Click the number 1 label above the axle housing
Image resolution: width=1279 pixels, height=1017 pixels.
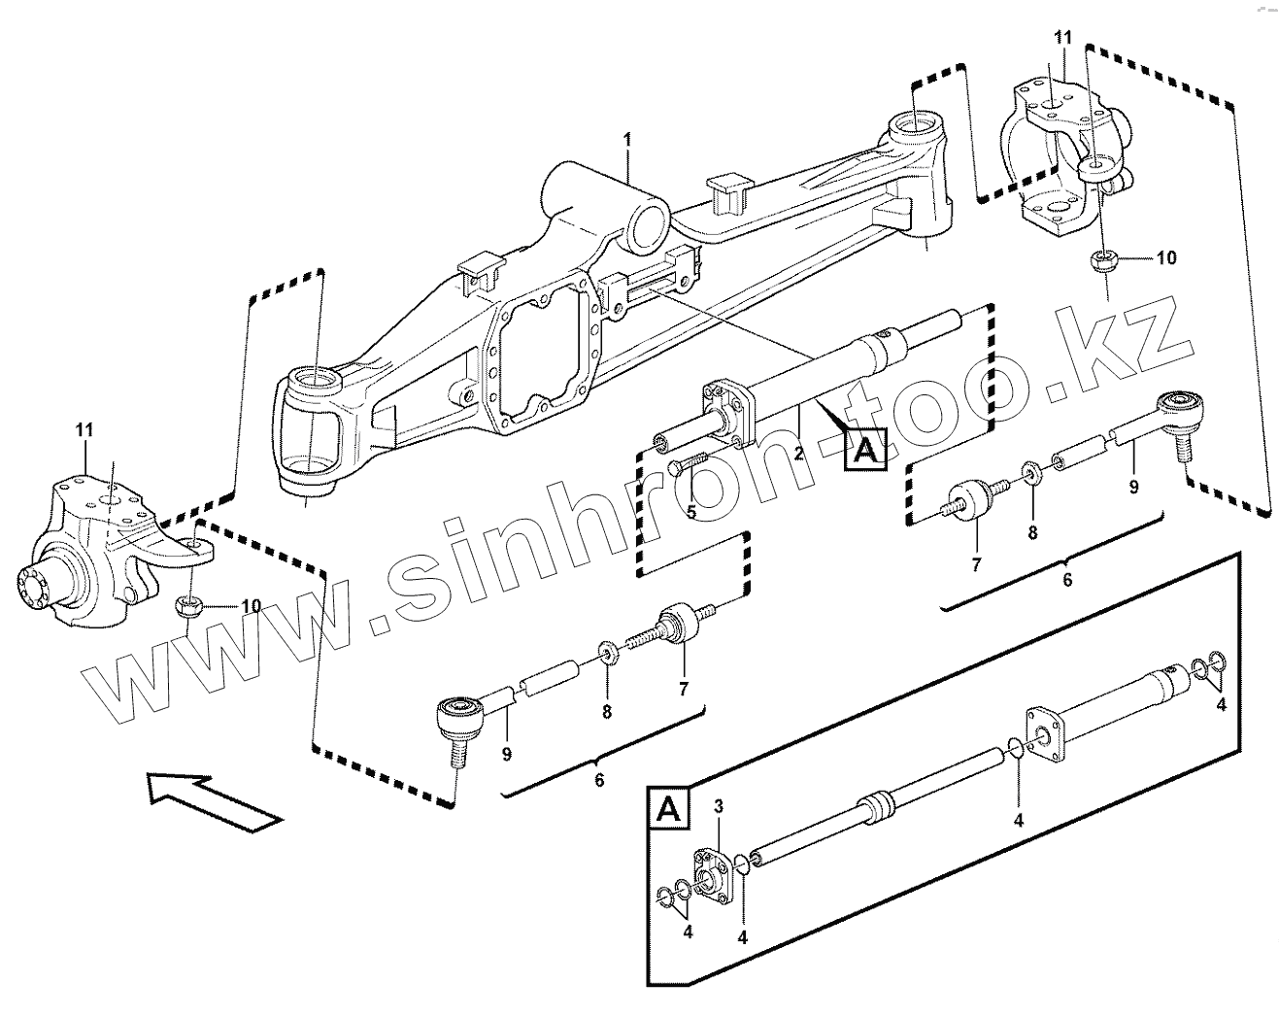tap(627, 140)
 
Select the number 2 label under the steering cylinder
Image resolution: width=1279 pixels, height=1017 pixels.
tap(798, 454)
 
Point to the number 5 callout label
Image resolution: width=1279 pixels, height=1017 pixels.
tap(690, 511)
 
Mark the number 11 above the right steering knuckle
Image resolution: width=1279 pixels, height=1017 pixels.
tap(1063, 38)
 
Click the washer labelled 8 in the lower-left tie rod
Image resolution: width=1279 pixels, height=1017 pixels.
tap(607, 649)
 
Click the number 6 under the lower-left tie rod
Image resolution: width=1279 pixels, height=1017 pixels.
tap(599, 780)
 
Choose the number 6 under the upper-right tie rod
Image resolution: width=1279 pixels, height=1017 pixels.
tap(1067, 580)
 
